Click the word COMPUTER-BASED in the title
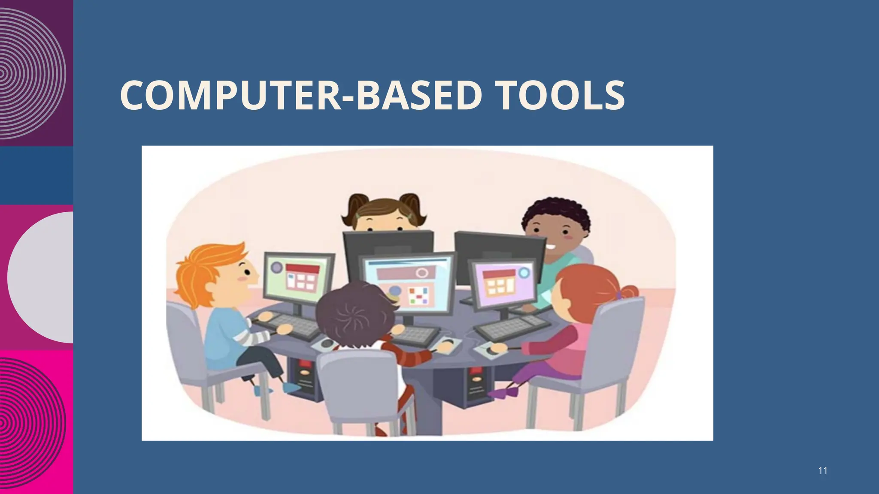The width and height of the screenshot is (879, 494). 299,95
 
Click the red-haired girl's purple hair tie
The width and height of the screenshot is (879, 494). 618,295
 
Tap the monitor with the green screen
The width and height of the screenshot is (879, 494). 299,277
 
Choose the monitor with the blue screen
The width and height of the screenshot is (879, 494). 407,283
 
